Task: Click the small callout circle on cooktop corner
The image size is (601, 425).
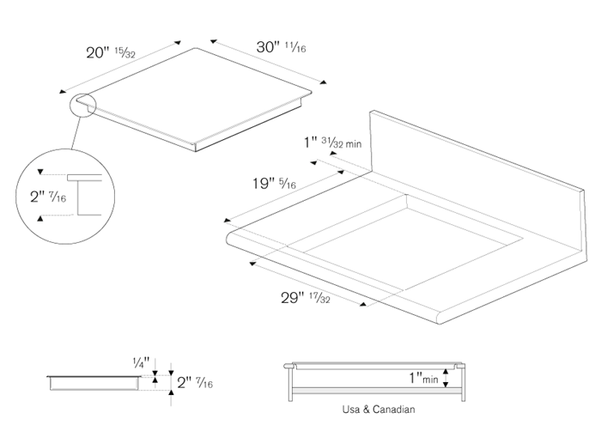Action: coord(82,106)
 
